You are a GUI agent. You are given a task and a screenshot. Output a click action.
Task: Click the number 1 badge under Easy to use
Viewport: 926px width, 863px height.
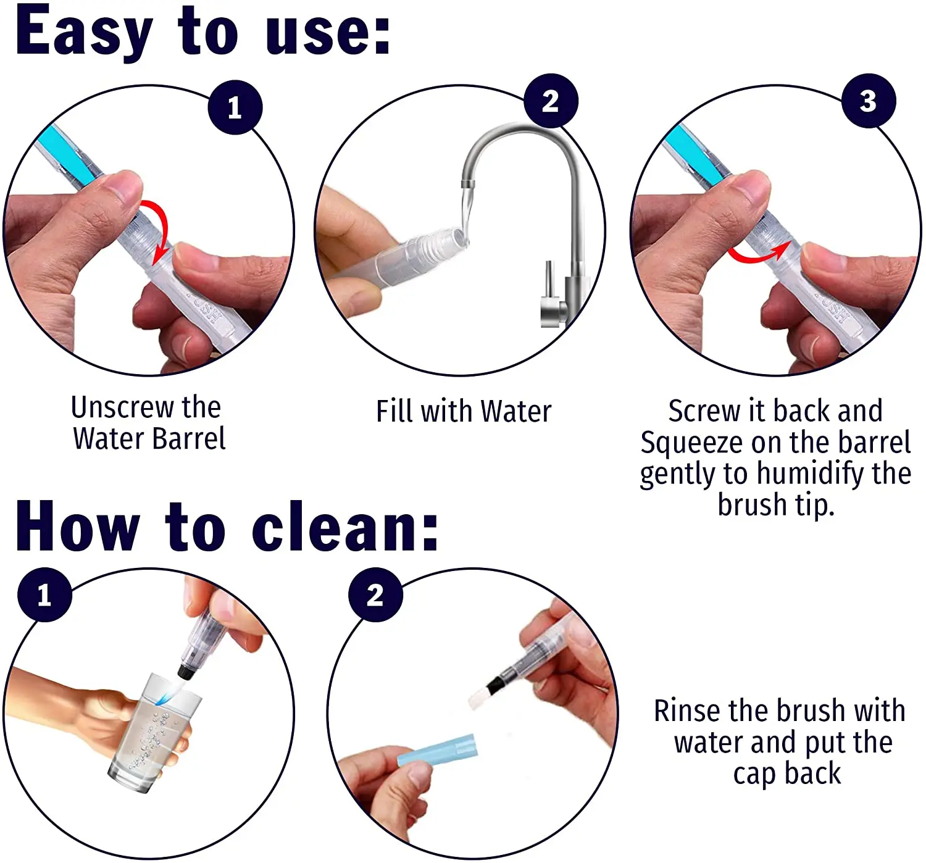pyautogui.click(x=235, y=107)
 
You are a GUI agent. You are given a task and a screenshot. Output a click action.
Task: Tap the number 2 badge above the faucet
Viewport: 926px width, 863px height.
pyautogui.click(x=551, y=101)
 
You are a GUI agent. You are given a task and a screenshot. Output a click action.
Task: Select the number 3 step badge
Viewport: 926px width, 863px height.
pyautogui.click(x=868, y=101)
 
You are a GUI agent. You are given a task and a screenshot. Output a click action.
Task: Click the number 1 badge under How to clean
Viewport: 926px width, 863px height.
pyautogui.click(x=45, y=594)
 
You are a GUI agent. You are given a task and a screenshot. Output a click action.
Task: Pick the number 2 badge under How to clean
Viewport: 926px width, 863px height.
pyautogui.click(x=375, y=594)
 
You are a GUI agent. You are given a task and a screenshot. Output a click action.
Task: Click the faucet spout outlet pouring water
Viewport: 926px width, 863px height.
pyautogui.click(x=469, y=184)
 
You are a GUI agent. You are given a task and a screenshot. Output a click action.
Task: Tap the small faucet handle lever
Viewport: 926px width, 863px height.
pyautogui.click(x=549, y=278)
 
